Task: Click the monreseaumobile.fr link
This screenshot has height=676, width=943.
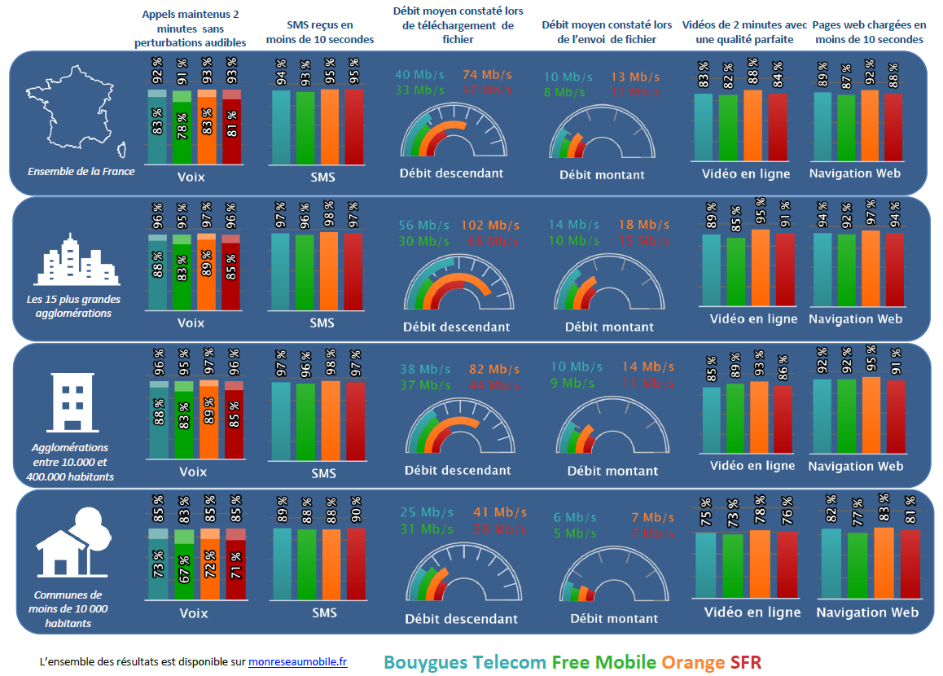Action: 297,661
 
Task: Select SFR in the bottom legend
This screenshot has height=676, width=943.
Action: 746,661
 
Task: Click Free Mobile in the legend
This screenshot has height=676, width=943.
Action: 603,661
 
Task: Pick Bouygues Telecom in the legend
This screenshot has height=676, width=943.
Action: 464,661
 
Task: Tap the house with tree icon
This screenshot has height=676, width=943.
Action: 72,542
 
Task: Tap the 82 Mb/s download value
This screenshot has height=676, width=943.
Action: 493,369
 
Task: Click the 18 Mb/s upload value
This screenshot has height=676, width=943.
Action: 643,225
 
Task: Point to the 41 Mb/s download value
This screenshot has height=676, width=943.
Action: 500,513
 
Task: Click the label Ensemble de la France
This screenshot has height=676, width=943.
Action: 81,172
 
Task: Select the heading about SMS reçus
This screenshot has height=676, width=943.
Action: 319,33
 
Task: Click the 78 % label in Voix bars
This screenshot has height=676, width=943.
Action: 182,127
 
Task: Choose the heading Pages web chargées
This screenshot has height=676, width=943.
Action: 869,33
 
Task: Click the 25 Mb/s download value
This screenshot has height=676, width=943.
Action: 426,513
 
